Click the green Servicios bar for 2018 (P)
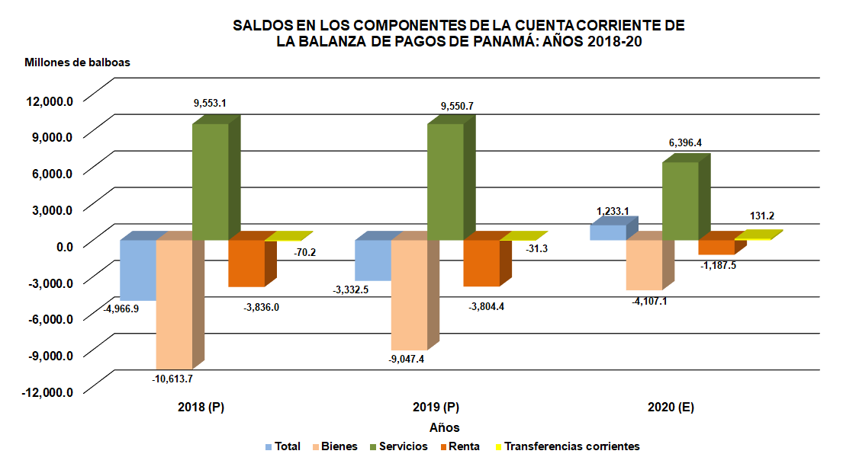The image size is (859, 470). [x=210, y=181]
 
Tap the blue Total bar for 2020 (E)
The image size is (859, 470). [x=607, y=232]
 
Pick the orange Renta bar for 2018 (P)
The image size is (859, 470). [x=246, y=264]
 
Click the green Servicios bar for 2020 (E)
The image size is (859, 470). [x=680, y=200]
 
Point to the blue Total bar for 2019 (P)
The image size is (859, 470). [x=373, y=261]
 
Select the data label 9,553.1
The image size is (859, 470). [x=210, y=101]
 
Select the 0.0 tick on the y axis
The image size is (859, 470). [x=60, y=246]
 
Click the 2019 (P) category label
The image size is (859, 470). [x=435, y=408]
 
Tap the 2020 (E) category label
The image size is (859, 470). [x=671, y=408]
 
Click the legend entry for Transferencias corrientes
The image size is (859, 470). [x=571, y=446]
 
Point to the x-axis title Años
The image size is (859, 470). [x=444, y=427]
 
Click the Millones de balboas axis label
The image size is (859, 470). [x=77, y=62]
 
